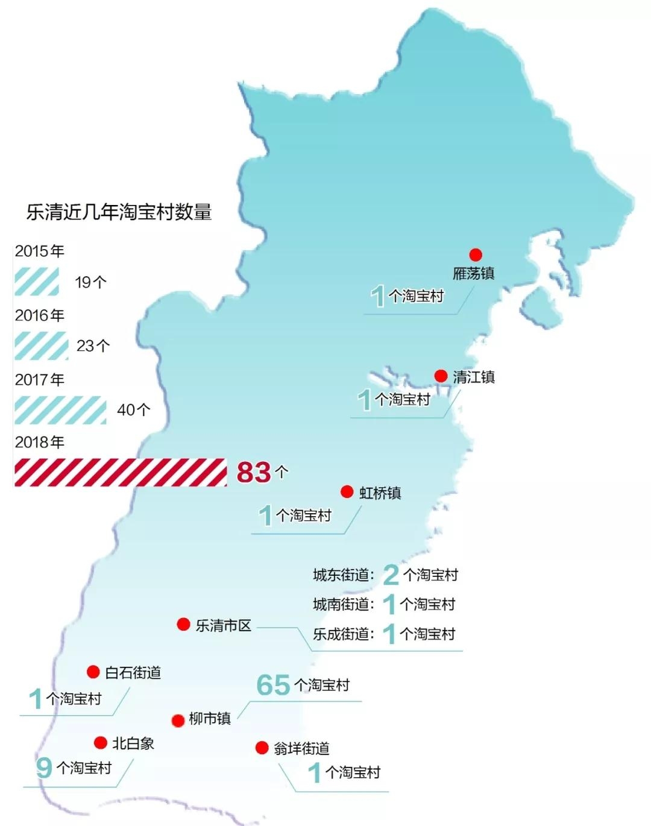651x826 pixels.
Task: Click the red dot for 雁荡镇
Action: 476,255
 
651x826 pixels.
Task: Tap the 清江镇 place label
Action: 474,377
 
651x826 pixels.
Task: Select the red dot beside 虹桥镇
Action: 347,491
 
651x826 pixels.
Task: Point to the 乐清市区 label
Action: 223,626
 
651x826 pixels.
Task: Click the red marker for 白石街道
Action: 93,672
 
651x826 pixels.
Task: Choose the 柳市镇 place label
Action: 210,719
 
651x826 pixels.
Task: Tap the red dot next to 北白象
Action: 101,743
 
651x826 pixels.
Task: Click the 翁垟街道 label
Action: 301,749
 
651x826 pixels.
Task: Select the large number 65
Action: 273,685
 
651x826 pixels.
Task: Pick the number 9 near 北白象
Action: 43,768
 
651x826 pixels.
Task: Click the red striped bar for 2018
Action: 121,472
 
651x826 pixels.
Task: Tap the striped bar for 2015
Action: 37,282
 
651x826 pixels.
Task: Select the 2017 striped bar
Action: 60,410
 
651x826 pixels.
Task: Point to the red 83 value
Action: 254,472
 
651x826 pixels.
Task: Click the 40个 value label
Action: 133,410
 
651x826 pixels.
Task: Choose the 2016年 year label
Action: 40,315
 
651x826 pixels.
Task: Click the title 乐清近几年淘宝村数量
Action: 119,212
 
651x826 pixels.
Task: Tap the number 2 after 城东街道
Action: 391,575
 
